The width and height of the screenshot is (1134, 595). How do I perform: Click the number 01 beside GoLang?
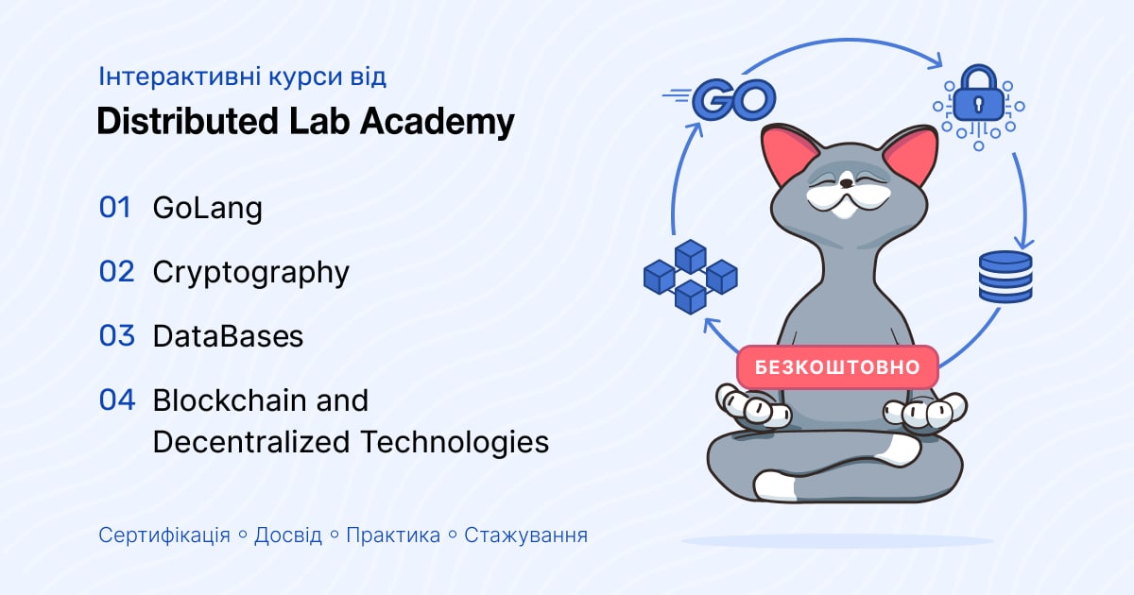[x=115, y=208]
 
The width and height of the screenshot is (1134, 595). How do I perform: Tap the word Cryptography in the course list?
[x=251, y=273]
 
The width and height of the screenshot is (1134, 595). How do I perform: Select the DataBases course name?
[x=228, y=336]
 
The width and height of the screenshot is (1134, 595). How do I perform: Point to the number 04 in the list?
[x=117, y=399]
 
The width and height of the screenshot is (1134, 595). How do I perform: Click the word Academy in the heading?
[x=438, y=122]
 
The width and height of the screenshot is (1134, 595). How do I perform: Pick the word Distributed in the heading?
[x=188, y=121]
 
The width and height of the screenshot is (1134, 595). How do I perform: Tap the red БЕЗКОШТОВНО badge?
[x=837, y=366]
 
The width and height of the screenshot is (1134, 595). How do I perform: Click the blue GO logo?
[x=720, y=99]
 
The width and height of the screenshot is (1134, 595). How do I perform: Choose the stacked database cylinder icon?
[x=1005, y=277]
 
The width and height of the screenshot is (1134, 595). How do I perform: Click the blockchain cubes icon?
[x=691, y=277]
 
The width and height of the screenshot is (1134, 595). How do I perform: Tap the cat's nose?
[x=846, y=182]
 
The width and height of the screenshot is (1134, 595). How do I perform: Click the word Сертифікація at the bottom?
[x=164, y=535]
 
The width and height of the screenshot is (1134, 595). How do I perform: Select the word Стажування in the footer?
[x=526, y=535]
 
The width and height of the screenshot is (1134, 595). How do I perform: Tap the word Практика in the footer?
[x=393, y=535]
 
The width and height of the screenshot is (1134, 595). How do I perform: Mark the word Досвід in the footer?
[x=288, y=535]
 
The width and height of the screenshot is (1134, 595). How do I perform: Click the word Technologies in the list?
[x=455, y=442]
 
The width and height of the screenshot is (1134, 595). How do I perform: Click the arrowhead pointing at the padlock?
[x=935, y=61]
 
